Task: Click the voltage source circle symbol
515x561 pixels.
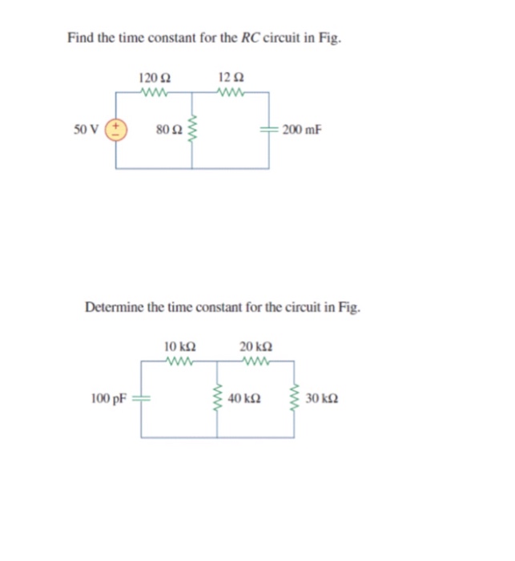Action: (x=116, y=129)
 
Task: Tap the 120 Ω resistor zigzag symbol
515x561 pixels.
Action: (x=154, y=91)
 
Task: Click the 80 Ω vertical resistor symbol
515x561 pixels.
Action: (x=191, y=129)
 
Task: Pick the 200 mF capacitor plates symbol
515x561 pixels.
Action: (x=270, y=129)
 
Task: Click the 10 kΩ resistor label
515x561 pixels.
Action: (x=179, y=346)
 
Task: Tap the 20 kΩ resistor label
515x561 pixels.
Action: (x=256, y=346)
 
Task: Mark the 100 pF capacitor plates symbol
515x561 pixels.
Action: (x=142, y=398)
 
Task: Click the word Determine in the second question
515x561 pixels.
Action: (x=115, y=306)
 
